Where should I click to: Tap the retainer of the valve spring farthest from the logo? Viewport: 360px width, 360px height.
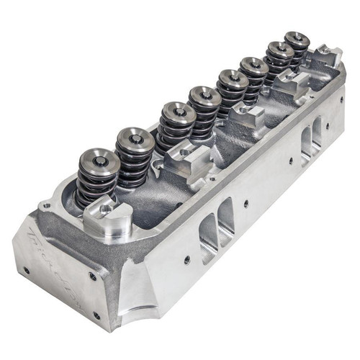[x=297, y=40]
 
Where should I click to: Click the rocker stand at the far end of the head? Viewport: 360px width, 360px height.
[x=328, y=54]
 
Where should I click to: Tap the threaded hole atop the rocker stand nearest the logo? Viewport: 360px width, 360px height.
[x=106, y=207]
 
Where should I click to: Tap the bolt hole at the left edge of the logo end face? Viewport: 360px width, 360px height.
[x=27, y=271]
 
